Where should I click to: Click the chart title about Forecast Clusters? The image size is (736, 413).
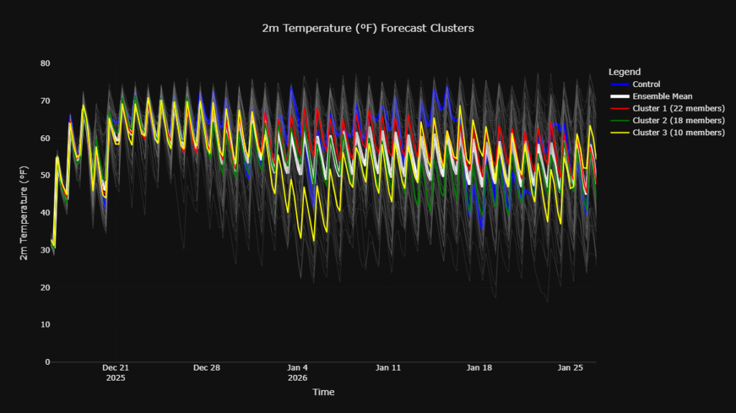[368, 28]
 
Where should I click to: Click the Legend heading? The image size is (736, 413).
[624, 72]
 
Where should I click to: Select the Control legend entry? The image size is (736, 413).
[647, 84]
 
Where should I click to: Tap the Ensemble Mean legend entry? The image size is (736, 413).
[662, 96]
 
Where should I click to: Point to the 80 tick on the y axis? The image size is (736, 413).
[45, 63]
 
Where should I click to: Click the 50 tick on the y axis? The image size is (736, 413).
[45, 176]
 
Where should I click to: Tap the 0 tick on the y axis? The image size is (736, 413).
[47, 362]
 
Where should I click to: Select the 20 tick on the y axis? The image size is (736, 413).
[45, 288]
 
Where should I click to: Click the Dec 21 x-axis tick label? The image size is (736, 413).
[115, 368]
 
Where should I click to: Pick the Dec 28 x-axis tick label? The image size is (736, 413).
[206, 368]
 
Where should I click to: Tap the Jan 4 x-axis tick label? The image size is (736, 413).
[298, 368]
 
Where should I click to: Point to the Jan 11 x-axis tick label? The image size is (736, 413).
[389, 368]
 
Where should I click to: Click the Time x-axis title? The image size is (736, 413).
[323, 392]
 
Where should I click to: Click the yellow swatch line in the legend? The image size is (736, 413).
[618, 132]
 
